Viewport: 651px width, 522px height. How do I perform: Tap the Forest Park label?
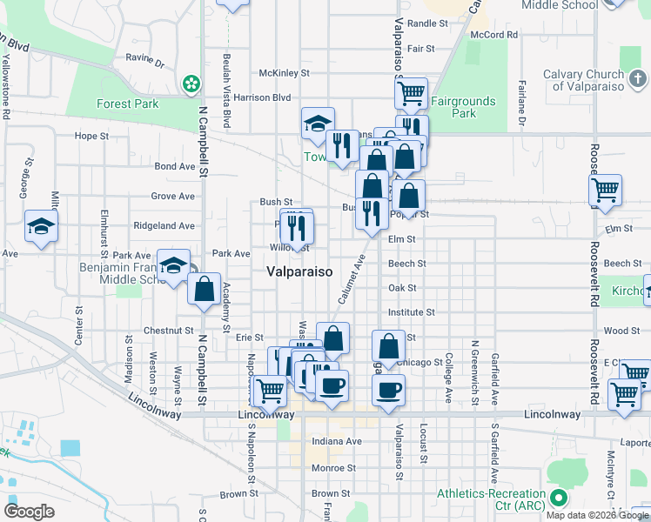click(127, 104)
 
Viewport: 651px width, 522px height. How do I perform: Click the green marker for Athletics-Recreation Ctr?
click(559, 499)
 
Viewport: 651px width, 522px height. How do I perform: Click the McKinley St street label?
click(284, 73)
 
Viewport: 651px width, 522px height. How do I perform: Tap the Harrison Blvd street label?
click(262, 97)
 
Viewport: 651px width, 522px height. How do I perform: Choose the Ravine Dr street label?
click(144, 63)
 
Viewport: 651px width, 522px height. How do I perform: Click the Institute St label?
click(412, 311)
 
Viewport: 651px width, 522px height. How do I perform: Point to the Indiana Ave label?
click(337, 441)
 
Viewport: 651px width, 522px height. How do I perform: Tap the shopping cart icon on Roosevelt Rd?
click(605, 189)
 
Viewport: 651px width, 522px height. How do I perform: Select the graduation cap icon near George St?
click(41, 226)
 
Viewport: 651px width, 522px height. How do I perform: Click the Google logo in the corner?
click(29, 511)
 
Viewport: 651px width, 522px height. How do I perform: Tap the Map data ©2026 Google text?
click(596, 515)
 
